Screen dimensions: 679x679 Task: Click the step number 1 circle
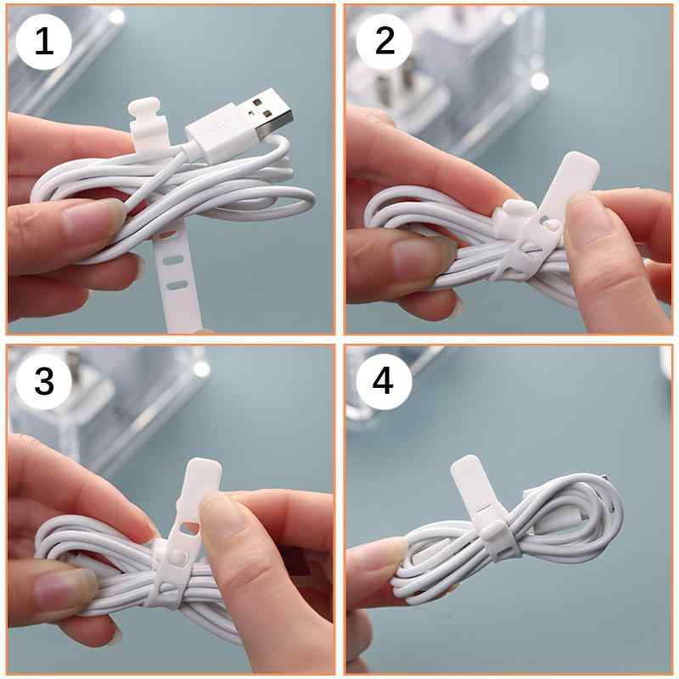[x=43, y=42]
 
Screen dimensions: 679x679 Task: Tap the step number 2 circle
[x=384, y=42]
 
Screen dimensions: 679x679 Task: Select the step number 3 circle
[x=43, y=382]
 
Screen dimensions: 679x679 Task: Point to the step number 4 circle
[x=384, y=382]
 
